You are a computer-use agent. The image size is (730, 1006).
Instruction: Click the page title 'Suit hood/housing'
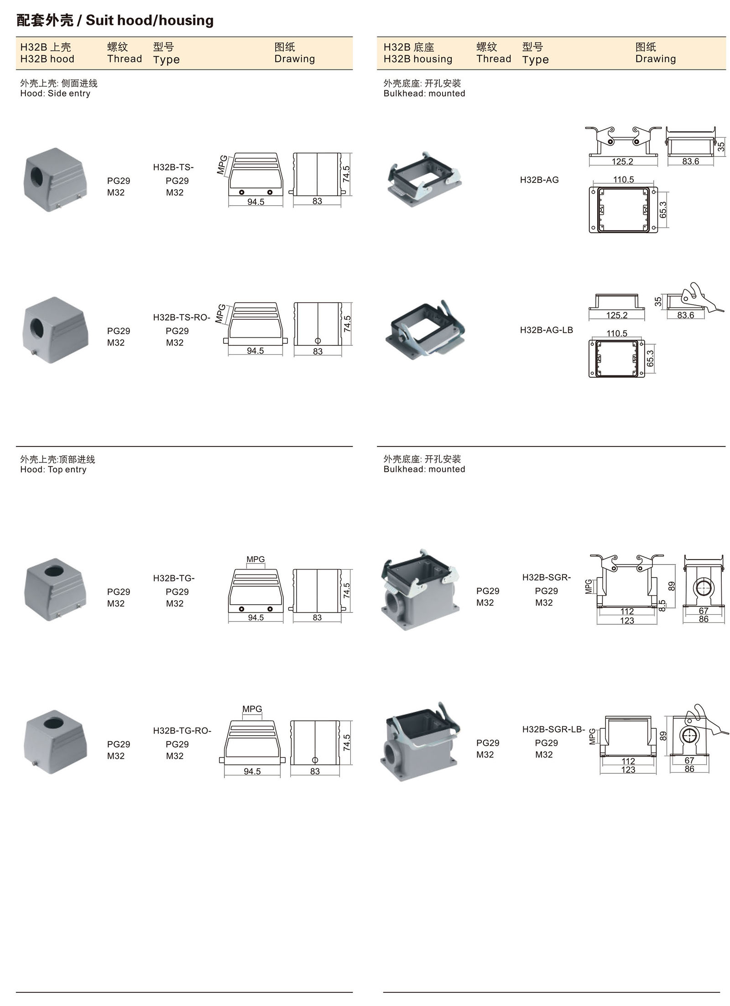[149, 21]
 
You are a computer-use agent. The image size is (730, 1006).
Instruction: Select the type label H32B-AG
[539, 180]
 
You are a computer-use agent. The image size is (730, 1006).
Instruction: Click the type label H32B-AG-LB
[546, 330]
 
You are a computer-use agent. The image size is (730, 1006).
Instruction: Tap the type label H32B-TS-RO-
[182, 317]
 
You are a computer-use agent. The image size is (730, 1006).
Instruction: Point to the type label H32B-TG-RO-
[182, 731]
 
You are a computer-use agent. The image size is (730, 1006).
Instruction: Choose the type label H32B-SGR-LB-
[553, 729]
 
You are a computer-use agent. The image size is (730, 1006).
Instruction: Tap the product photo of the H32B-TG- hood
[55, 589]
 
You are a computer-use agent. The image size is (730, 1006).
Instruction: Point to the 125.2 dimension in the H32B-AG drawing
[622, 161]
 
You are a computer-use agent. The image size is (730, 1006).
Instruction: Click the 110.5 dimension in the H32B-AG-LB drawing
[617, 333]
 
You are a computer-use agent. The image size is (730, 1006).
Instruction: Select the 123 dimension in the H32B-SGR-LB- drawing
[628, 770]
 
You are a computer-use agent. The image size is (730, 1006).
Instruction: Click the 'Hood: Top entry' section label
[53, 469]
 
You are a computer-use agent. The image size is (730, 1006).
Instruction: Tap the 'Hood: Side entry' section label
[55, 93]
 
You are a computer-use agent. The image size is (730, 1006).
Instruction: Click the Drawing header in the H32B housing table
[655, 59]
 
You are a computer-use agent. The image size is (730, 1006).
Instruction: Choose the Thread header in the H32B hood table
[124, 59]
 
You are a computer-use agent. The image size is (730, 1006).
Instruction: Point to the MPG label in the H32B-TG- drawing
[255, 559]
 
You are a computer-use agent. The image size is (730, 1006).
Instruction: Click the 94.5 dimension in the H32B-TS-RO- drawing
[255, 351]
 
